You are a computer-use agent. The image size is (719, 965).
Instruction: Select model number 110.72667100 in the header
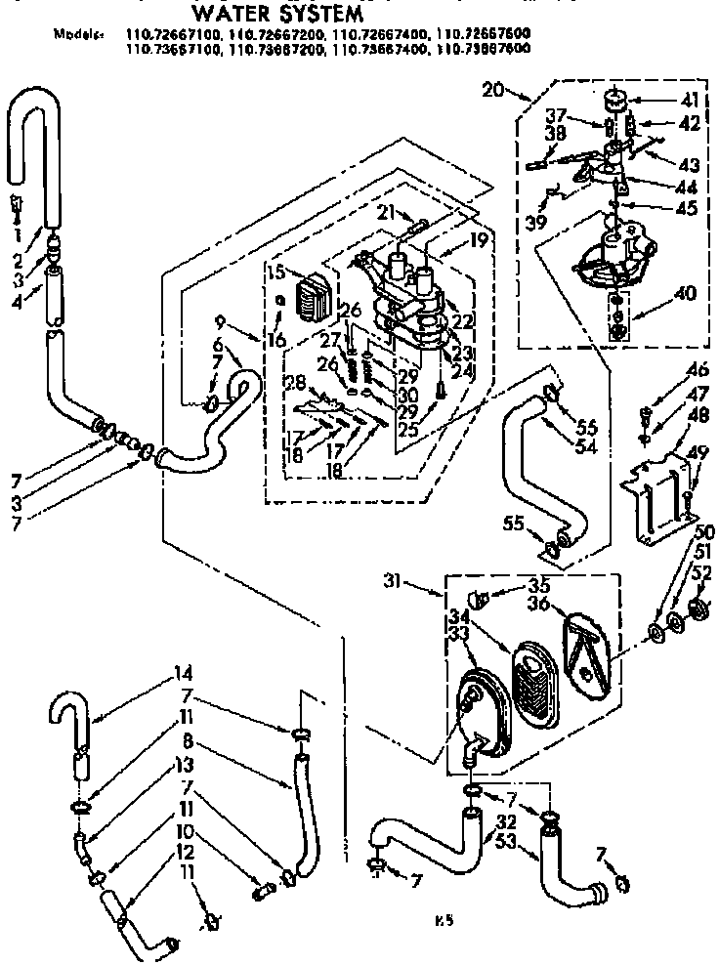172,34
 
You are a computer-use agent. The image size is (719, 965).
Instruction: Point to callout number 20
494,91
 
